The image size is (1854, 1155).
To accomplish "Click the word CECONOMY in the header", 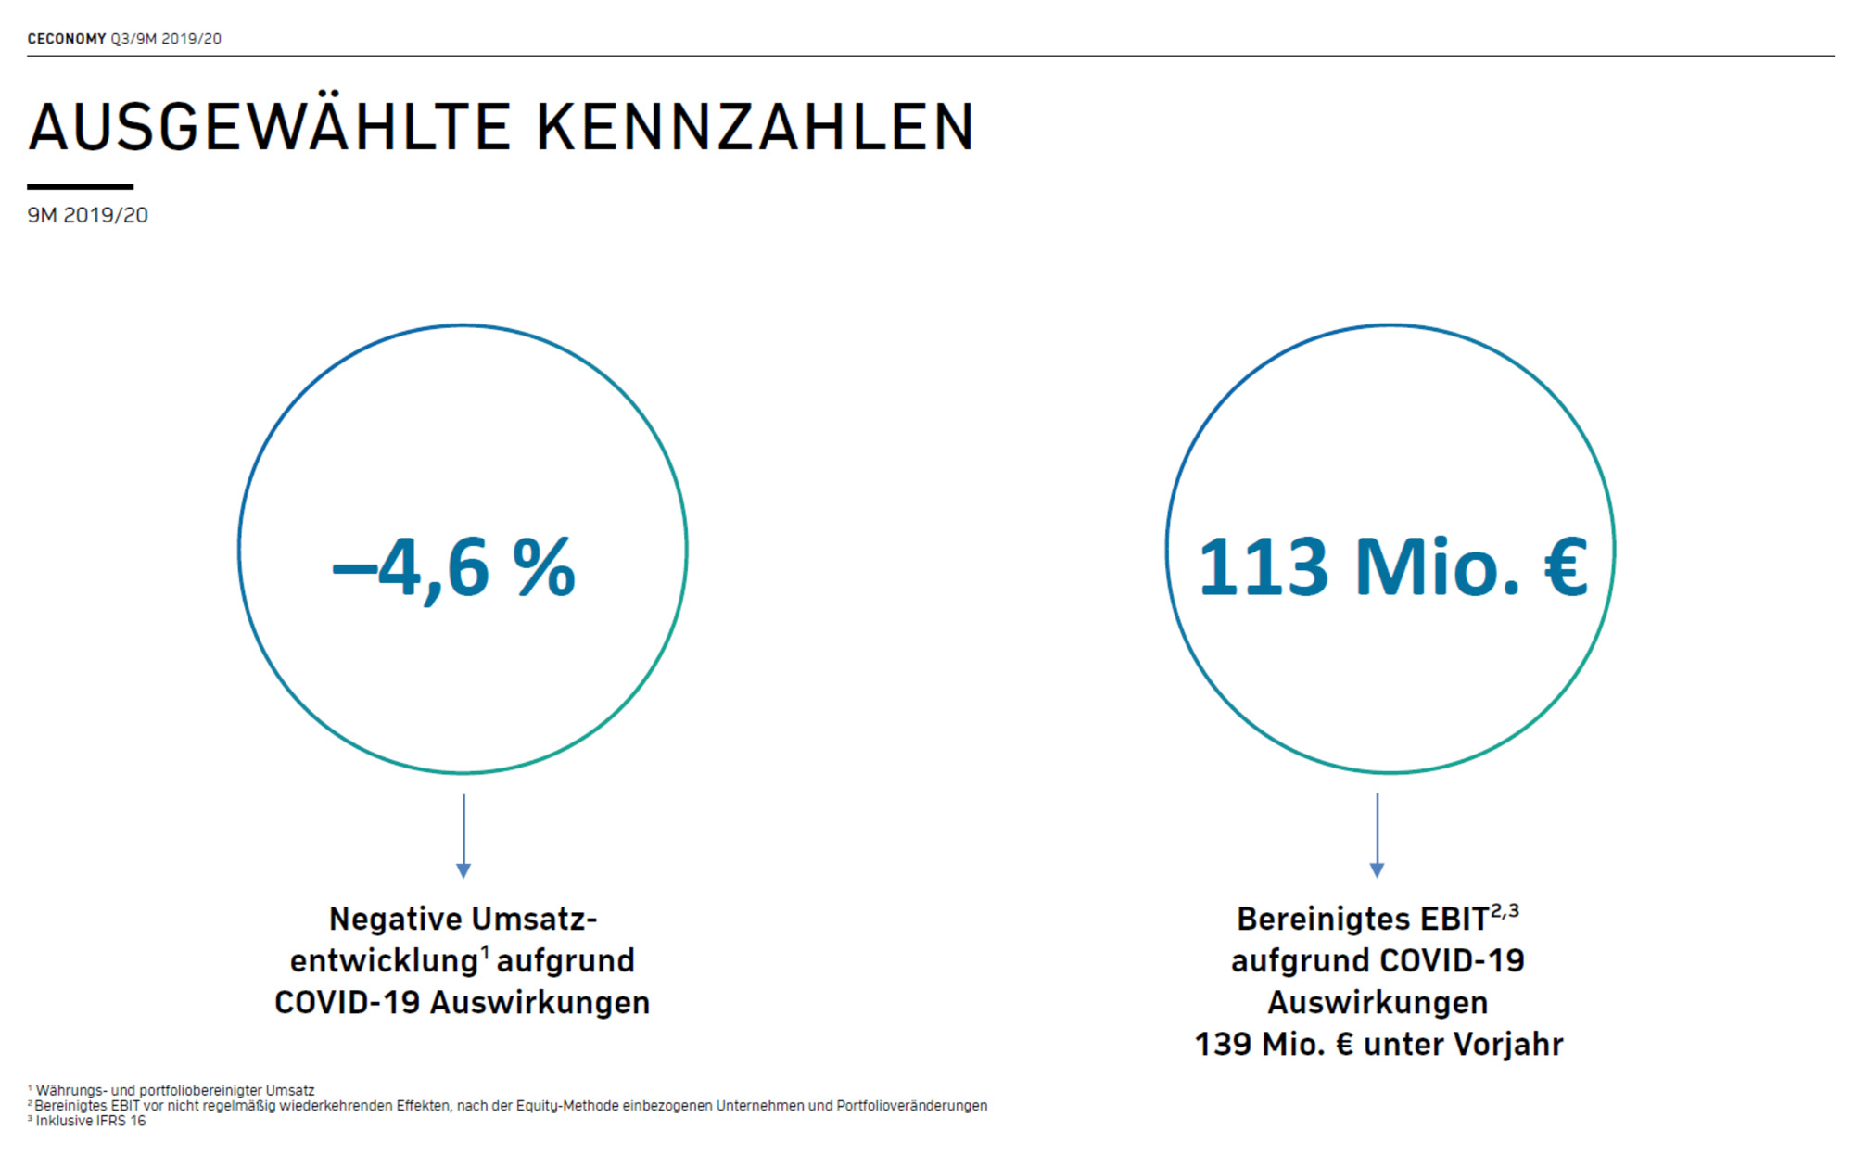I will [67, 39].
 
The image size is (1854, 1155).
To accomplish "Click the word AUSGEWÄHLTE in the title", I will [269, 127].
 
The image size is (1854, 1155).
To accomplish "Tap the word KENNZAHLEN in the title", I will [755, 127].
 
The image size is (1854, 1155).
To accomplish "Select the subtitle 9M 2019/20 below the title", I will [87, 215].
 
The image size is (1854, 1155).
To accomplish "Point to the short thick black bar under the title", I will [80, 186].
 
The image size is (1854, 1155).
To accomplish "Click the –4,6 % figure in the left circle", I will [454, 567].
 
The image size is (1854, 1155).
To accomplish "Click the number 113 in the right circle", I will [1263, 567].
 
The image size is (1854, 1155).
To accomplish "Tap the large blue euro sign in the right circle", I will [1566, 567].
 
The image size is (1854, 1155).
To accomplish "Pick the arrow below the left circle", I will [463, 835].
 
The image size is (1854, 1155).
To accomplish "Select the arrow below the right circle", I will [1377, 835].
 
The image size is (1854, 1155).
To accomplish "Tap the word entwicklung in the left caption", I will [383, 961].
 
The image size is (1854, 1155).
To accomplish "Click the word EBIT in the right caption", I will [1454, 920].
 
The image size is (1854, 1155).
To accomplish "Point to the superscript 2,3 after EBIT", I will [1505, 911].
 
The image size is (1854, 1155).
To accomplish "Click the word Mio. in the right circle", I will [1437, 567].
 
